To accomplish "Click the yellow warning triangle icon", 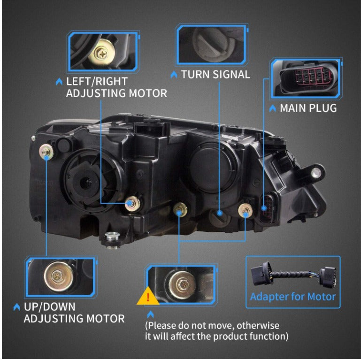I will coord(148,297).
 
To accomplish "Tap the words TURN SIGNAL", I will coord(215,75).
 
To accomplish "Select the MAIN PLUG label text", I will coord(308,108).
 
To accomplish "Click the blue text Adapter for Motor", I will coord(293,297).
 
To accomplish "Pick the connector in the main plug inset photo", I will coord(306,77).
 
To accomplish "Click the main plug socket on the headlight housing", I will coord(266,206).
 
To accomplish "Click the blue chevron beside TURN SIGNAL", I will coord(174,75).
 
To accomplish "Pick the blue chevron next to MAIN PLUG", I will coord(273,108).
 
